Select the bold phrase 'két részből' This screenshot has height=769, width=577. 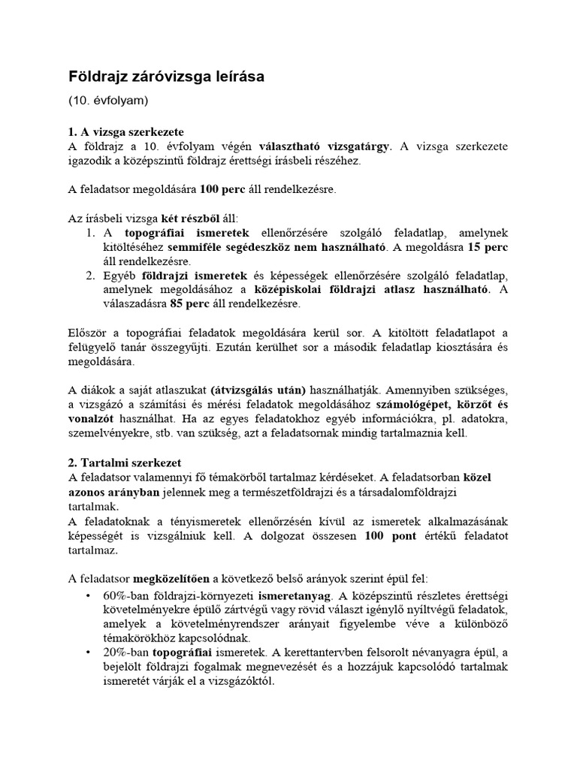(x=189, y=218)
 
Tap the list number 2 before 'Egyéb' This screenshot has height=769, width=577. (x=89, y=276)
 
